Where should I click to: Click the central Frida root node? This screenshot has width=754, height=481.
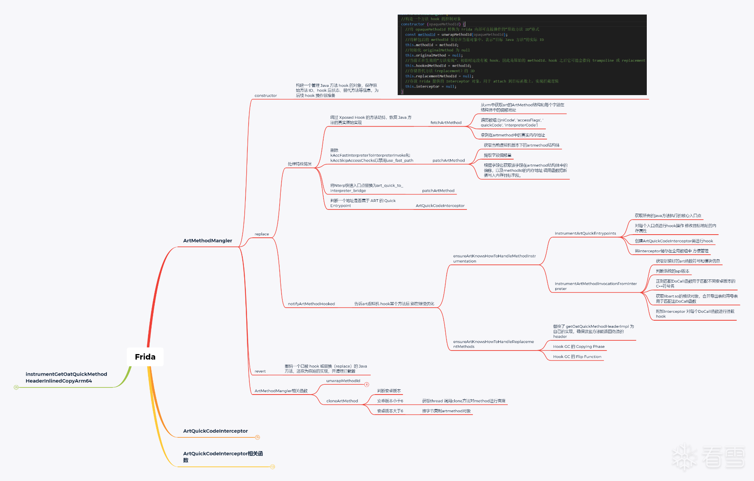click(x=145, y=357)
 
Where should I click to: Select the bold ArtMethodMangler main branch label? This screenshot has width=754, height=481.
click(x=207, y=240)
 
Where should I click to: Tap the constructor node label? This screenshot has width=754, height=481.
click(x=265, y=95)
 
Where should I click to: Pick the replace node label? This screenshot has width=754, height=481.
click(x=262, y=234)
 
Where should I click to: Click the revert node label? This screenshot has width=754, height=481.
click(x=260, y=371)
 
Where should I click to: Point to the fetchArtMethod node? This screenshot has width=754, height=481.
click(x=446, y=123)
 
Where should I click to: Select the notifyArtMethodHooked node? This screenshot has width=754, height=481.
click(x=311, y=304)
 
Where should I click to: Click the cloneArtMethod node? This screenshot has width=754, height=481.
click(x=342, y=401)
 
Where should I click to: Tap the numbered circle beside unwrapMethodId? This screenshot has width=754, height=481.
click(x=367, y=384)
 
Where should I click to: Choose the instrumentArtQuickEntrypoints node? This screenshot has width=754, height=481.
click(x=585, y=233)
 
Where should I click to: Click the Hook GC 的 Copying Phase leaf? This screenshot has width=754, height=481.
click(x=578, y=347)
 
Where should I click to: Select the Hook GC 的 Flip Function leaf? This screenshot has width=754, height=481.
click(x=577, y=357)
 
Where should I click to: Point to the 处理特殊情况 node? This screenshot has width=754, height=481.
click(x=299, y=164)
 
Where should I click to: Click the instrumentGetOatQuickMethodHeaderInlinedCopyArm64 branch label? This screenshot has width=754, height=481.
click(x=66, y=377)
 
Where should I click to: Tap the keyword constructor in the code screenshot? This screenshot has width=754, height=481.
click(x=412, y=24)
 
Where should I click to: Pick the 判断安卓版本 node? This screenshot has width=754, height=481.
click(x=389, y=391)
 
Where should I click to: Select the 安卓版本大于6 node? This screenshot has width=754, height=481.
click(x=390, y=411)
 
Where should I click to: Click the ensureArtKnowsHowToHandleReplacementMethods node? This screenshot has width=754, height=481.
click(x=493, y=344)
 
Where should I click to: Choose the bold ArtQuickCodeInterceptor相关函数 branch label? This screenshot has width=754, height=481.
click(x=223, y=457)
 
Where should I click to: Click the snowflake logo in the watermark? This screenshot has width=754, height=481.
click(x=685, y=457)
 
